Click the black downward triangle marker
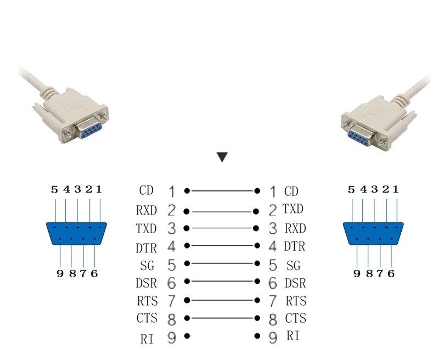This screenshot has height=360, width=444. click(222, 157)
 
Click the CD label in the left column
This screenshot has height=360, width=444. click(146, 191)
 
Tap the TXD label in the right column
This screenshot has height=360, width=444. click(293, 209)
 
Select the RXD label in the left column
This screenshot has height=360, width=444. click(147, 210)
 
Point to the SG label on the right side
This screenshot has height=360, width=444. click(294, 266)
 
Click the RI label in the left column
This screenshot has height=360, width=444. click(147, 339)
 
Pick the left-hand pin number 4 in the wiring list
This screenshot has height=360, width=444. click(171, 247)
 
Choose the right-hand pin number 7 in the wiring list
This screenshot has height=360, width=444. click(273, 301)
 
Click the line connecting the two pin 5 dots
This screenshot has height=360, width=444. click(222, 264)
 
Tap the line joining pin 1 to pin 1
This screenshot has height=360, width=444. click(222, 191)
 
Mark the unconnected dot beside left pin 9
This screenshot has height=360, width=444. click(187, 336)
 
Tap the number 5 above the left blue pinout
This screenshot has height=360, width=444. click(54, 190)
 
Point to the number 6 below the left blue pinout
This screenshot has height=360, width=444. click(94, 273)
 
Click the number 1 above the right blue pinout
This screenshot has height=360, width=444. click(396, 190)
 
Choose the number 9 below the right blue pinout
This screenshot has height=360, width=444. click(357, 273)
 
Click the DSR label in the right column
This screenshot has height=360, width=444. click(295, 284)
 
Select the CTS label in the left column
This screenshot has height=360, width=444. click(147, 318)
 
